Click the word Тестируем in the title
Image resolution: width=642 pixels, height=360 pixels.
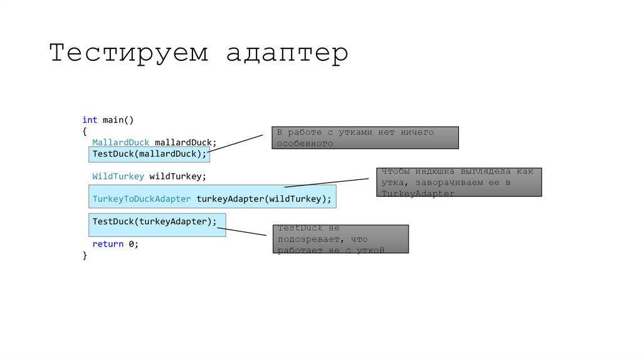click(129, 53)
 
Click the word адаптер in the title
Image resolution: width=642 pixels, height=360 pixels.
click(287, 55)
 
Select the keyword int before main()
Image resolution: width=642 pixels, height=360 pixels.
click(90, 119)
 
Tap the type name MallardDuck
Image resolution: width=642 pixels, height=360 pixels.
click(120, 142)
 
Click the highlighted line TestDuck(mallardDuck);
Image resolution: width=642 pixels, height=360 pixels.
click(149, 154)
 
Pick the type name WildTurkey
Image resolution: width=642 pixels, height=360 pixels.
click(118, 176)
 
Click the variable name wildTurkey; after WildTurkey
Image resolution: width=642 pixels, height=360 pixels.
click(177, 176)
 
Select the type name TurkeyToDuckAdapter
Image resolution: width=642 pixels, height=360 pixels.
click(142, 199)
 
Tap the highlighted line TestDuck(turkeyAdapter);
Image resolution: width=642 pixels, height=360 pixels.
click(155, 221)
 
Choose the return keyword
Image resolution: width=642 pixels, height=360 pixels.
click(108, 244)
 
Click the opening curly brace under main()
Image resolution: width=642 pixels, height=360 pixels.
click(85, 131)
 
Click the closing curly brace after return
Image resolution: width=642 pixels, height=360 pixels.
click(85, 255)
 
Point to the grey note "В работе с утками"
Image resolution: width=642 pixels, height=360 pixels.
click(365, 138)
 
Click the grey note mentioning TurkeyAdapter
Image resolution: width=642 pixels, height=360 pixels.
click(459, 183)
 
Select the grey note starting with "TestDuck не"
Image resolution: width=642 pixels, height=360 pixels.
click(340, 239)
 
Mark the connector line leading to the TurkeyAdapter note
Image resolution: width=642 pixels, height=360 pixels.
click(326, 183)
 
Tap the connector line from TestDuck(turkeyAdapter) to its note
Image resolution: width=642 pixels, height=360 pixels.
click(246, 231)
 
